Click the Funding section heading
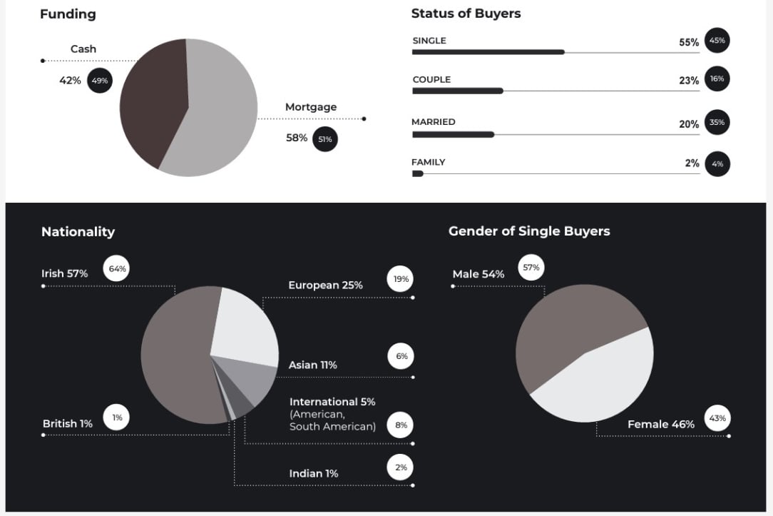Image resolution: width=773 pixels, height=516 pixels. click(x=68, y=14)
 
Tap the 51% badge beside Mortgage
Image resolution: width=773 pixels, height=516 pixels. click(x=324, y=139)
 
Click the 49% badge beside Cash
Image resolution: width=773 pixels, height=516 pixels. click(x=100, y=81)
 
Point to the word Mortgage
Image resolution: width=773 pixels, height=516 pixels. click(x=311, y=107)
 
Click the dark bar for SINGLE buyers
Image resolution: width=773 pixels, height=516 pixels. click(x=488, y=52)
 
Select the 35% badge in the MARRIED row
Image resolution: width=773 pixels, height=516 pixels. click(x=717, y=123)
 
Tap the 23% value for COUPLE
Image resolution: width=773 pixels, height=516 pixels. click(x=689, y=81)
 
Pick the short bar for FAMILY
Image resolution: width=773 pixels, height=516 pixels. click(x=418, y=173)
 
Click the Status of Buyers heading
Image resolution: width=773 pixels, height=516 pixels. click(x=466, y=14)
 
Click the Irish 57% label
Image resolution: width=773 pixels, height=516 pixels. click(x=65, y=273)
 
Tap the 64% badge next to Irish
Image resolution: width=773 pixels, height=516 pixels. click(x=116, y=269)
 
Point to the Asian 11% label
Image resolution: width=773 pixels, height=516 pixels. click(x=312, y=365)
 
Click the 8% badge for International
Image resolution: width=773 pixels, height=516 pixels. click(x=401, y=425)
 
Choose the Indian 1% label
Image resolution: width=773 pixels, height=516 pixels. click(x=314, y=473)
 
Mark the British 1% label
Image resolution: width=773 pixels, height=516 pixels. click(x=68, y=423)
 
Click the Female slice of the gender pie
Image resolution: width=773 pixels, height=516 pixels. click(x=599, y=378)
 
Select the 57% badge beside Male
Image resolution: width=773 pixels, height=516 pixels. click(x=531, y=268)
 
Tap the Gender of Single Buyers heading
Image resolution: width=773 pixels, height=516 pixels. click(x=529, y=231)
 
